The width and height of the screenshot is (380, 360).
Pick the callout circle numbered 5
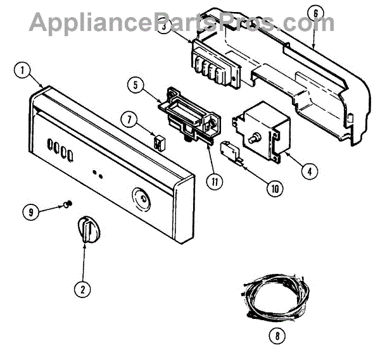coord(136,82)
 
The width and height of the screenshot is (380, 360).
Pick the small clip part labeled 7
coord(158,140)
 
